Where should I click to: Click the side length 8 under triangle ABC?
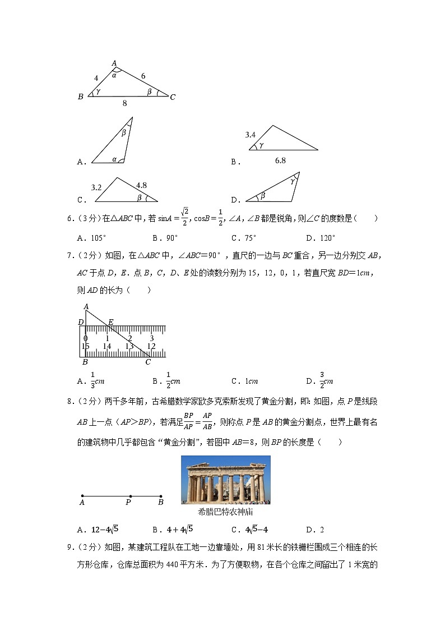coord(124,104)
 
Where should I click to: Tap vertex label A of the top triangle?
coord(114,63)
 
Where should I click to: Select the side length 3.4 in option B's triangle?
coord(251,135)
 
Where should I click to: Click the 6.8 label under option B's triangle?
coord(280,160)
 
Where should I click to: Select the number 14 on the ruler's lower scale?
coord(106,346)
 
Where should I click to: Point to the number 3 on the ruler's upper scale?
coord(151,338)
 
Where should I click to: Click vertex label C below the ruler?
coord(148,362)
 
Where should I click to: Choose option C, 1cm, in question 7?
coord(249,381)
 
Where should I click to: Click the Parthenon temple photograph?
coord(225,480)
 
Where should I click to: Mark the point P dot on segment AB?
coord(130,496)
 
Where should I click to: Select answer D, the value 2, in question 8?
coord(322,529)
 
